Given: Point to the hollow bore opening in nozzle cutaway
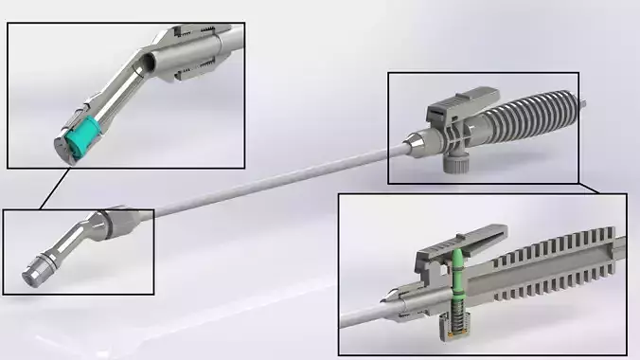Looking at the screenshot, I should click(x=147, y=65).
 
